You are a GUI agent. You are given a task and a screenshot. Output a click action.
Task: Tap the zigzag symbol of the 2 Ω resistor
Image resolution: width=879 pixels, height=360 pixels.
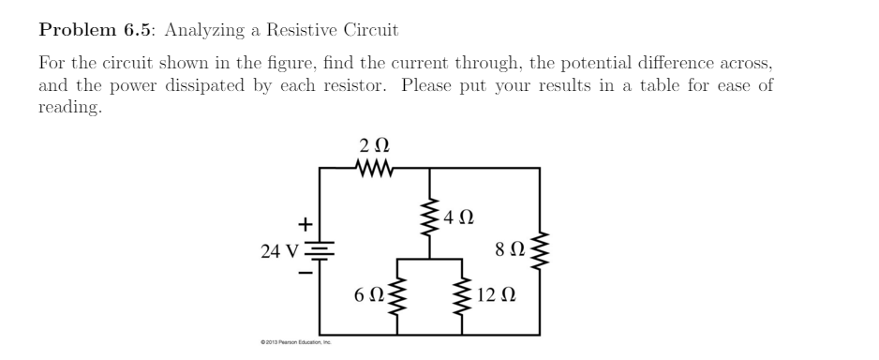click(376, 169)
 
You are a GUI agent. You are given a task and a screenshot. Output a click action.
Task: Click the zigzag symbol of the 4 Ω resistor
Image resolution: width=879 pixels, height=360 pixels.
click(431, 218)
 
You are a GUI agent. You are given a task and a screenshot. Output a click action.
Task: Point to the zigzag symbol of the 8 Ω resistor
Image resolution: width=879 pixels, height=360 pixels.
click(540, 250)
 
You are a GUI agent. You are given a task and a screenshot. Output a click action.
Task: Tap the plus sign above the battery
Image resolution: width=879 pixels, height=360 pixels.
click(304, 225)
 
